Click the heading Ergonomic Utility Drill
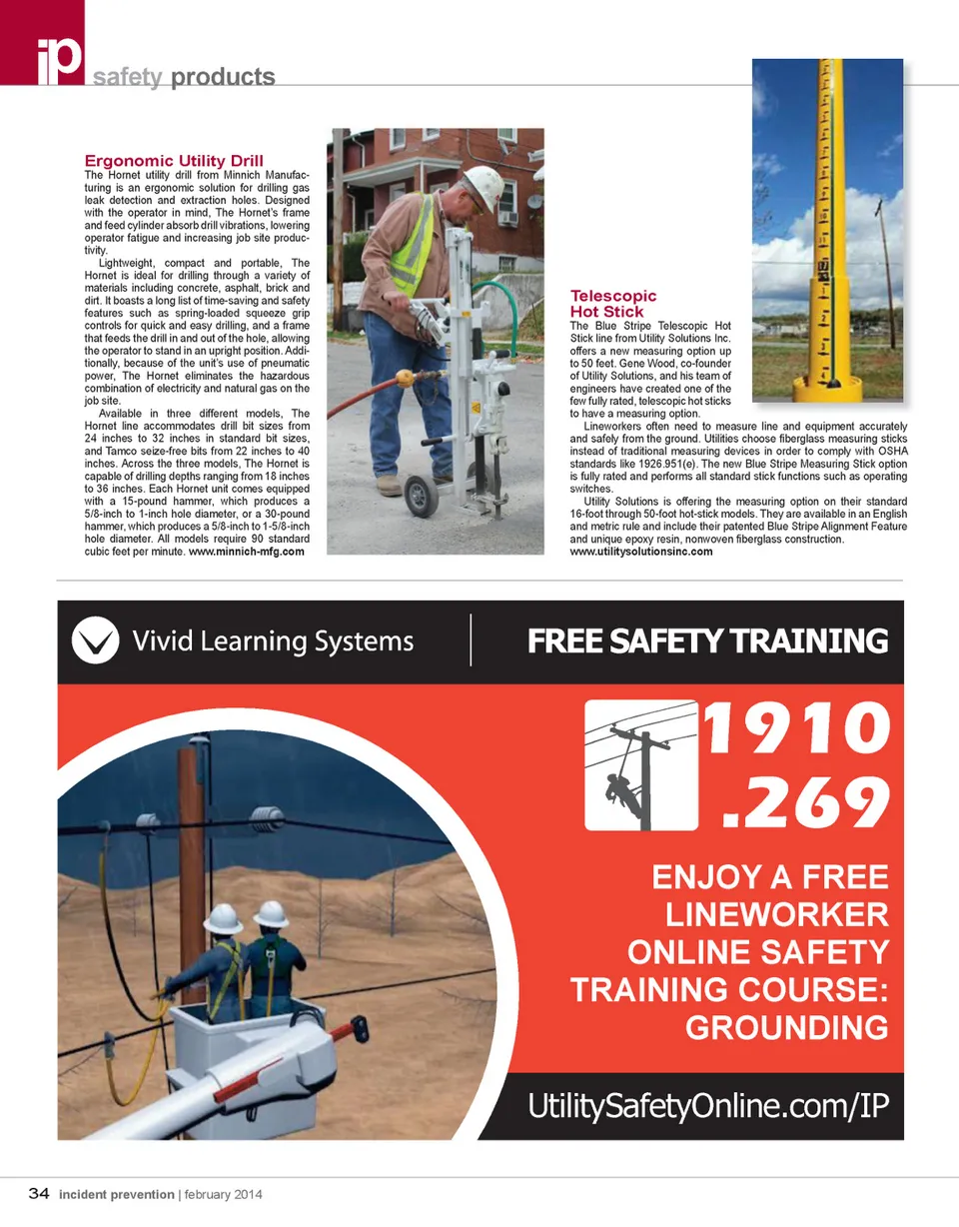click(x=174, y=161)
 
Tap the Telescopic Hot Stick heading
click(x=613, y=304)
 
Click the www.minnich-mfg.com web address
click(x=246, y=552)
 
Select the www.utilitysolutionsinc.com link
click(x=640, y=552)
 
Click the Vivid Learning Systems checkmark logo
click(x=92, y=641)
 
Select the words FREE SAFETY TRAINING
click(x=707, y=641)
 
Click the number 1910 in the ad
click(x=797, y=731)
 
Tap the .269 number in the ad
click(x=806, y=800)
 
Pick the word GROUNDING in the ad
click(x=787, y=1027)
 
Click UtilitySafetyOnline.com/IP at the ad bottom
click(x=708, y=1105)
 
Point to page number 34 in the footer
click(x=40, y=1193)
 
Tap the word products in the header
click(x=223, y=77)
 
